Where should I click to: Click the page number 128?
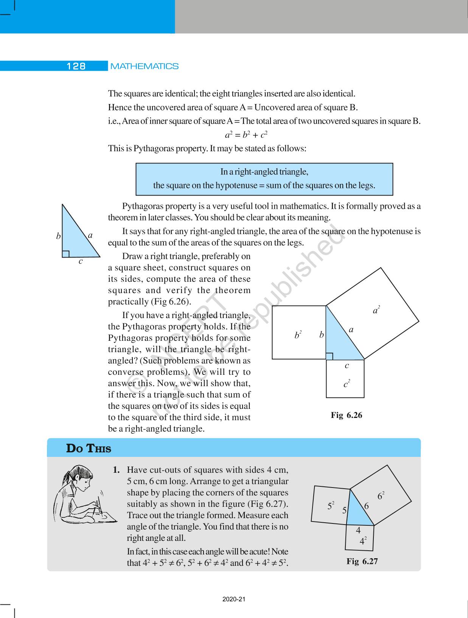coord(76,66)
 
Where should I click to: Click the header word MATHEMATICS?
coord(144,66)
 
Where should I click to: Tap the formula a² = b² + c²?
coord(246,135)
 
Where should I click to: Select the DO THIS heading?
coord(89,449)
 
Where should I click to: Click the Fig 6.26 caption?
coord(346,415)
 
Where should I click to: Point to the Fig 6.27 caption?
coord(362,561)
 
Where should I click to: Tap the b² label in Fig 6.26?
coord(298,335)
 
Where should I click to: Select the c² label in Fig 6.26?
coord(346,384)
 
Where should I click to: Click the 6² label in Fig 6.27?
coord(381,495)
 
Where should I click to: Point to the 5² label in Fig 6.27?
coord(331,506)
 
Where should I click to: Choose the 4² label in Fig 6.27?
coord(363,541)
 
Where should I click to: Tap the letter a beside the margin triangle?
coord(90,235)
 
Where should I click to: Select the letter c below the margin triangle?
coord(81,261)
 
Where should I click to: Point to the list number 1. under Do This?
coord(117,470)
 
